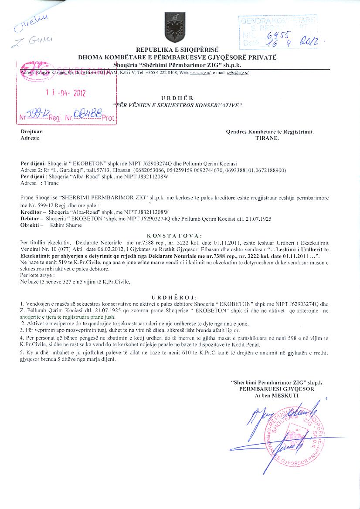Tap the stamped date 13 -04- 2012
coord(66,92)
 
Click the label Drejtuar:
coord(32,131)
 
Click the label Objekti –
coord(32,225)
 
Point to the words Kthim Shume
coord(66,225)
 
